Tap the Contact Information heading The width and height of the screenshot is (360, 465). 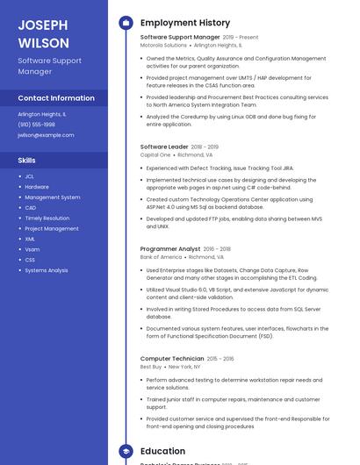[56, 98]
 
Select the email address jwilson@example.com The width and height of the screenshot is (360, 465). [46, 135]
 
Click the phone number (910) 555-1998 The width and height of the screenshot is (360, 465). [37, 125]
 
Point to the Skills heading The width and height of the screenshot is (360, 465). [27, 161]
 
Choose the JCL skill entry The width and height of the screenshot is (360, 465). [29, 176]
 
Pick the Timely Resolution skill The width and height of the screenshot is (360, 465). [47, 218]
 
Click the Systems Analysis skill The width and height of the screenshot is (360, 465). [46, 270]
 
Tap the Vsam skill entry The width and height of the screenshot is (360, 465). [32, 249]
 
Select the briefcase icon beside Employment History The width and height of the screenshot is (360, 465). [125, 22]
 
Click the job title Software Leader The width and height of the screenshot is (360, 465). [164, 147]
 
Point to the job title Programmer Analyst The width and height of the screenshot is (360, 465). [170, 249]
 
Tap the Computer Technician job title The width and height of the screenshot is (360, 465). [172, 359]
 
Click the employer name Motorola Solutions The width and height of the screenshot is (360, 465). [162, 45]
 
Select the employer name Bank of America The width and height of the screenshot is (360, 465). [161, 257]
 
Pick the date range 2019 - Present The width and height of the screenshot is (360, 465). [241, 38]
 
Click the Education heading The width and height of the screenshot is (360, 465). [162, 451]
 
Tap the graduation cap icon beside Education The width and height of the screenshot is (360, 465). [125, 451]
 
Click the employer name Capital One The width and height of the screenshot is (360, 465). [155, 154]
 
